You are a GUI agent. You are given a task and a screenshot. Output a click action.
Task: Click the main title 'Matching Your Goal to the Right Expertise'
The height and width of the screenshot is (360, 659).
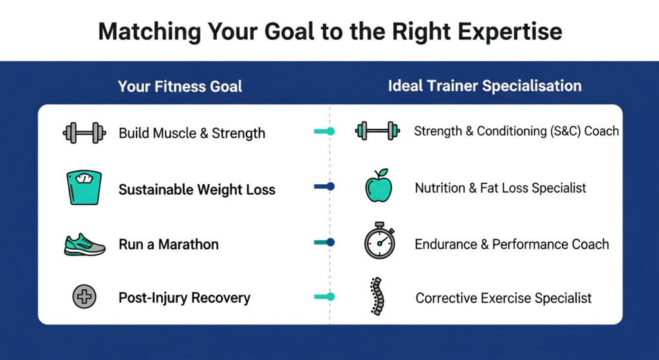[x=329, y=31]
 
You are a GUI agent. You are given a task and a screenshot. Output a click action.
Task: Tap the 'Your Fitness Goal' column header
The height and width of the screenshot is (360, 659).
[x=180, y=86]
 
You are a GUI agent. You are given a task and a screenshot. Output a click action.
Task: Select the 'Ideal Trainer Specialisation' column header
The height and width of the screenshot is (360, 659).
[x=485, y=86]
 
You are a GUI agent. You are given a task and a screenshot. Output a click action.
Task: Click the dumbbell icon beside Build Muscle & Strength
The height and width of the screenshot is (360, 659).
[x=84, y=133]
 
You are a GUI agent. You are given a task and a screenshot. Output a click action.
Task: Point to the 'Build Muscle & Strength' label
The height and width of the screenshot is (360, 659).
[x=192, y=133]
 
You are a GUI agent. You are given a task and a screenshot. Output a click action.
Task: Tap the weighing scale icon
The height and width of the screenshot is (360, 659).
[x=84, y=187]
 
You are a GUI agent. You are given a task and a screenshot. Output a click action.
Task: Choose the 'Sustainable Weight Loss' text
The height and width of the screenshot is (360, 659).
[x=197, y=190]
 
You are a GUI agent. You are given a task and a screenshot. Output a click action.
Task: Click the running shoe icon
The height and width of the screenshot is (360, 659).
[x=84, y=245]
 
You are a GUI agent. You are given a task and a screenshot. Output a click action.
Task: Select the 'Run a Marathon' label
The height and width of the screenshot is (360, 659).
[x=169, y=245]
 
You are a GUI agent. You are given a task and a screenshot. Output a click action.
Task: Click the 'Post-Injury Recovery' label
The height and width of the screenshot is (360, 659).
[x=185, y=298]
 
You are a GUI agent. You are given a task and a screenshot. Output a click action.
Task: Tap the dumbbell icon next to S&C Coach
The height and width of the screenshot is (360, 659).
[x=376, y=131]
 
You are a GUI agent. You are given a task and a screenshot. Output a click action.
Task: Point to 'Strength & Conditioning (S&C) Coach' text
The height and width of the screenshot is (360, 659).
[x=516, y=131]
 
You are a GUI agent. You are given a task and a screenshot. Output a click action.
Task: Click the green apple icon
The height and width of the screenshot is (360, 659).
[x=378, y=187]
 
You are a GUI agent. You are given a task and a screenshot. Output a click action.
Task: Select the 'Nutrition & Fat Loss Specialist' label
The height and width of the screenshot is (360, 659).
[x=501, y=188]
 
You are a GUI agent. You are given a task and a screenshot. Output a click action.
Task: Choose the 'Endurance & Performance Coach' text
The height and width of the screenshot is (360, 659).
[x=512, y=245]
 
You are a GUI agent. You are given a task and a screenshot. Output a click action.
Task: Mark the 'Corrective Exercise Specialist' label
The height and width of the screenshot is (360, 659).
[x=503, y=298]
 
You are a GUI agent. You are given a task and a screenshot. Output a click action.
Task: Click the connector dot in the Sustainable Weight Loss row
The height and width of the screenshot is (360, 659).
[x=330, y=187]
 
